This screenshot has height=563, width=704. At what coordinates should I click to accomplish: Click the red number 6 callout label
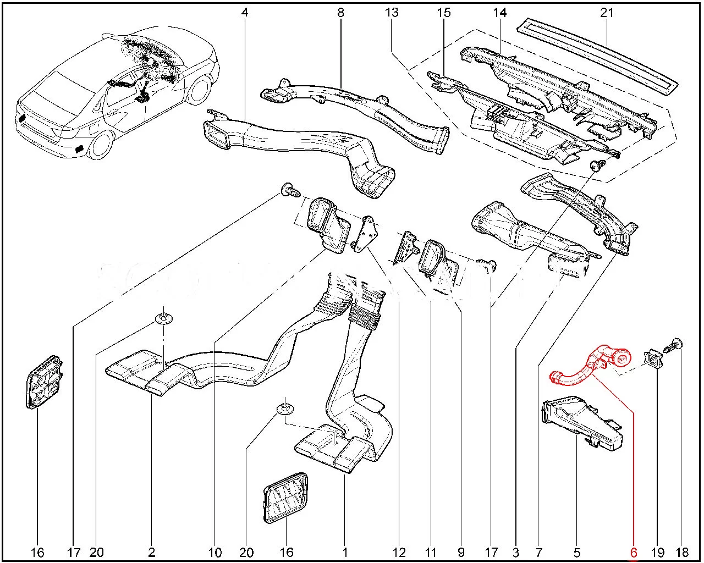(x=634, y=553)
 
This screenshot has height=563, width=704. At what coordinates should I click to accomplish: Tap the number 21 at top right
(x=607, y=12)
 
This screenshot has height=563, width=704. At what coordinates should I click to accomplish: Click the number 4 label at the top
(x=245, y=12)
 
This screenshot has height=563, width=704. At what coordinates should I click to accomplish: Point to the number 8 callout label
(x=340, y=12)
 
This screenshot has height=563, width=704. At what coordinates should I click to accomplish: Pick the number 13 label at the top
(x=392, y=12)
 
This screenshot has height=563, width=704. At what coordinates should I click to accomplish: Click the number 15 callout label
(x=444, y=12)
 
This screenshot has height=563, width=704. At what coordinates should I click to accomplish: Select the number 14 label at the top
(x=499, y=12)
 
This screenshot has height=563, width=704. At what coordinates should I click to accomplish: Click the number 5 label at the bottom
(x=576, y=553)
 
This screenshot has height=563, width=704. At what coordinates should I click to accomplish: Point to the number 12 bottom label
(x=399, y=553)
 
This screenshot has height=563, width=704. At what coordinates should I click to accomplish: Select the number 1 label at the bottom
(x=345, y=553)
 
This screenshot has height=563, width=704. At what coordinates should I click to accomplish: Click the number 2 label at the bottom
(x=151, y=553)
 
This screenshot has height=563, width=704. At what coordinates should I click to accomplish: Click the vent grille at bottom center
(x=286, y=496)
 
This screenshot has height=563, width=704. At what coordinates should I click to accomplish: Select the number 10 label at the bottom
(x=215, y=553)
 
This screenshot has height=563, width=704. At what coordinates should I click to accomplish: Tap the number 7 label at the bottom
(x=538, y=553)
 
